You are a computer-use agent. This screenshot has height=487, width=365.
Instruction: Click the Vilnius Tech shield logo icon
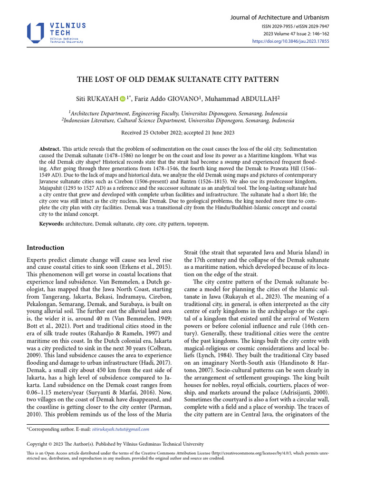pyautogui.click(x=37, y=32)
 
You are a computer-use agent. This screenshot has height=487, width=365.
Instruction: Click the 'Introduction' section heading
pyautogui.click(x=45, y=248)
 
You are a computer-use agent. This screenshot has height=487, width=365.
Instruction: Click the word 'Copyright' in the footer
pyautogui.click(x=38, y=443)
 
